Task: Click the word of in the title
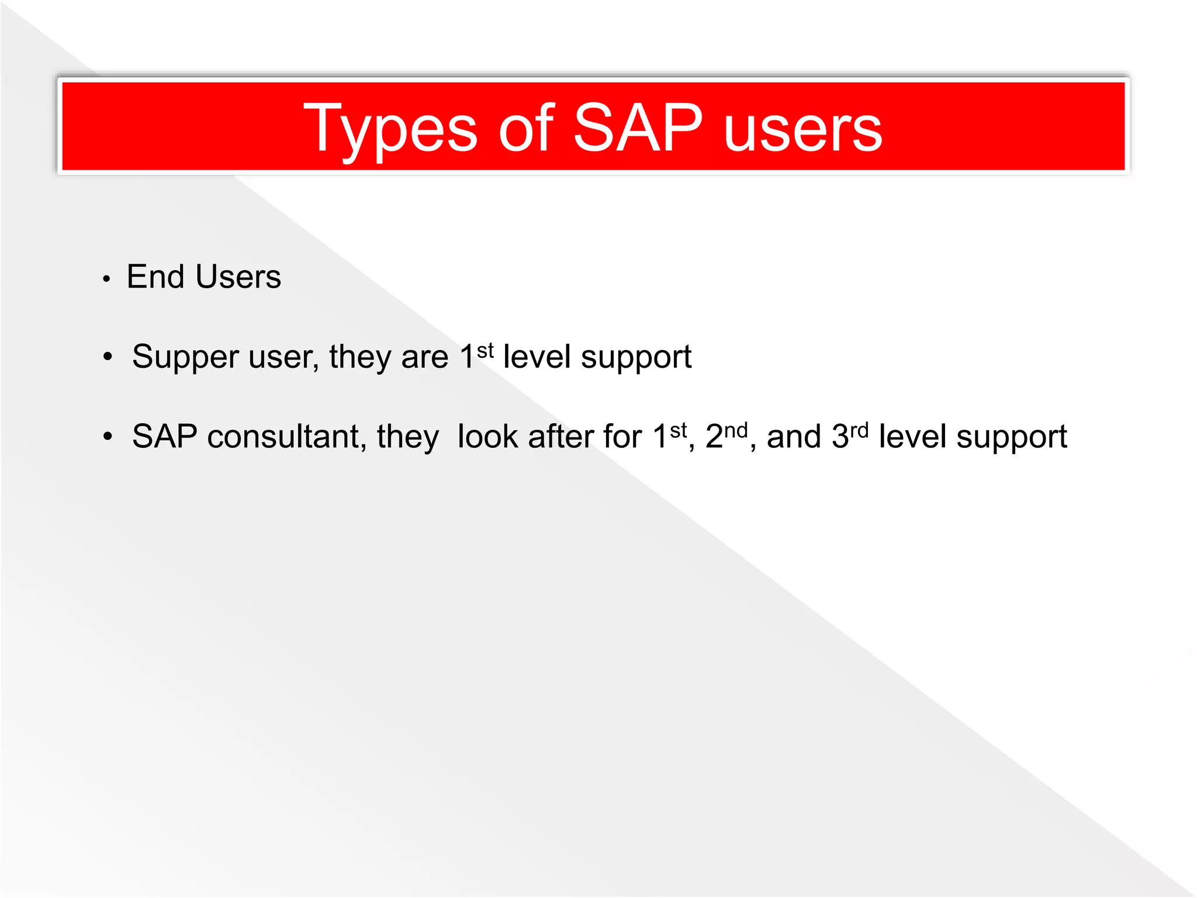tap(526, 127)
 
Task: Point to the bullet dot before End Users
tap(106, 279)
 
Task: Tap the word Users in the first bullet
tap(238, 277)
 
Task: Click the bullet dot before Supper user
tap(107, 357)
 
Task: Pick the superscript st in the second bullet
tap(485, 350)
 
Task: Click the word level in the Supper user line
tap(537, 357)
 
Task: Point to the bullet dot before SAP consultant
tap(107, 436)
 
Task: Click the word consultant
tap(286, 437)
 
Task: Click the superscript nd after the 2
tap(736, 431)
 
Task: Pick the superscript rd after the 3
tap(859, 431)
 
